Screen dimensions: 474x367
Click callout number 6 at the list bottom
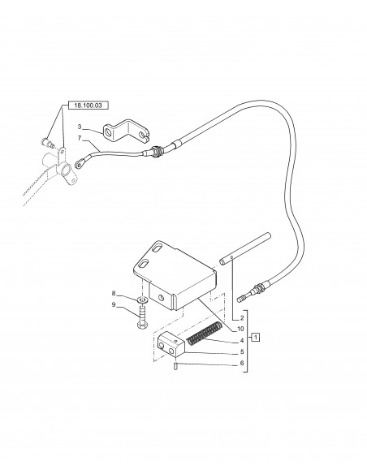coord(240,362)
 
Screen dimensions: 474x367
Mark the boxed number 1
coord(255,336)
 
